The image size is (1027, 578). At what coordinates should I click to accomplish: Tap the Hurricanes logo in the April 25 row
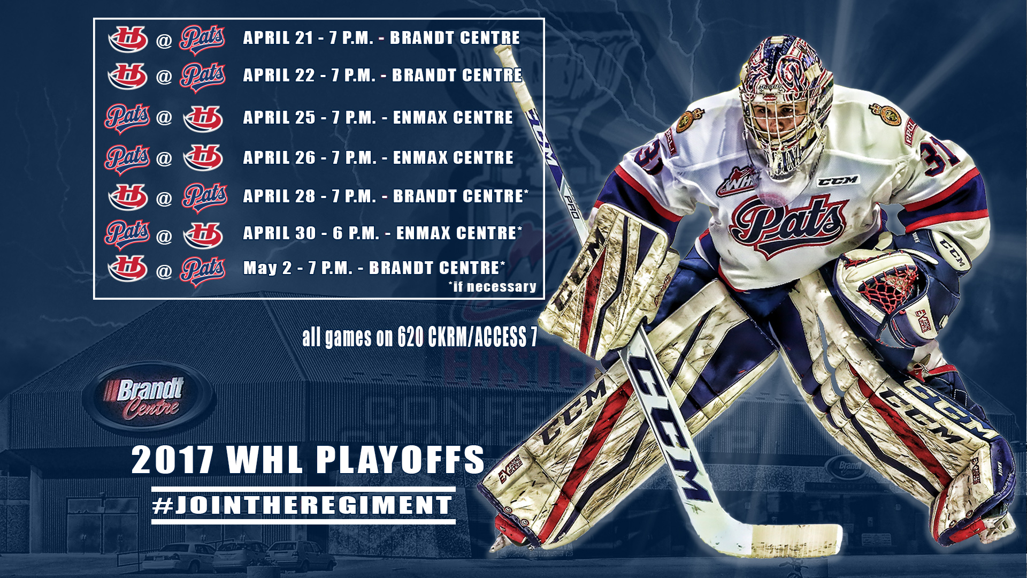point(203,118)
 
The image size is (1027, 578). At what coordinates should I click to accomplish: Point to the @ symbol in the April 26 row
point(164,158)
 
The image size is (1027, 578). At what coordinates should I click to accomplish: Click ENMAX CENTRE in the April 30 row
point(456,233)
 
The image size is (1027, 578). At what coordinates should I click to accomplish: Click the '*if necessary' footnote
point(492,287)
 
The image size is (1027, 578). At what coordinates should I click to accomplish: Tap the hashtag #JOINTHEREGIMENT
point(303,505)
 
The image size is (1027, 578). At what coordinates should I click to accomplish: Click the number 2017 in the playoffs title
point(173,460)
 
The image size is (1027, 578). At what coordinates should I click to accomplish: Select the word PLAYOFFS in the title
point(400,460)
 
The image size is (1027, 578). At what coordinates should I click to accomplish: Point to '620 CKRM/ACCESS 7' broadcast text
point(467,337)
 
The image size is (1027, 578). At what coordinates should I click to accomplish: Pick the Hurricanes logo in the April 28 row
point(128,196)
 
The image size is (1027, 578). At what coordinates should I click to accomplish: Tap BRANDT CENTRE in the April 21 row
point(455,37)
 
